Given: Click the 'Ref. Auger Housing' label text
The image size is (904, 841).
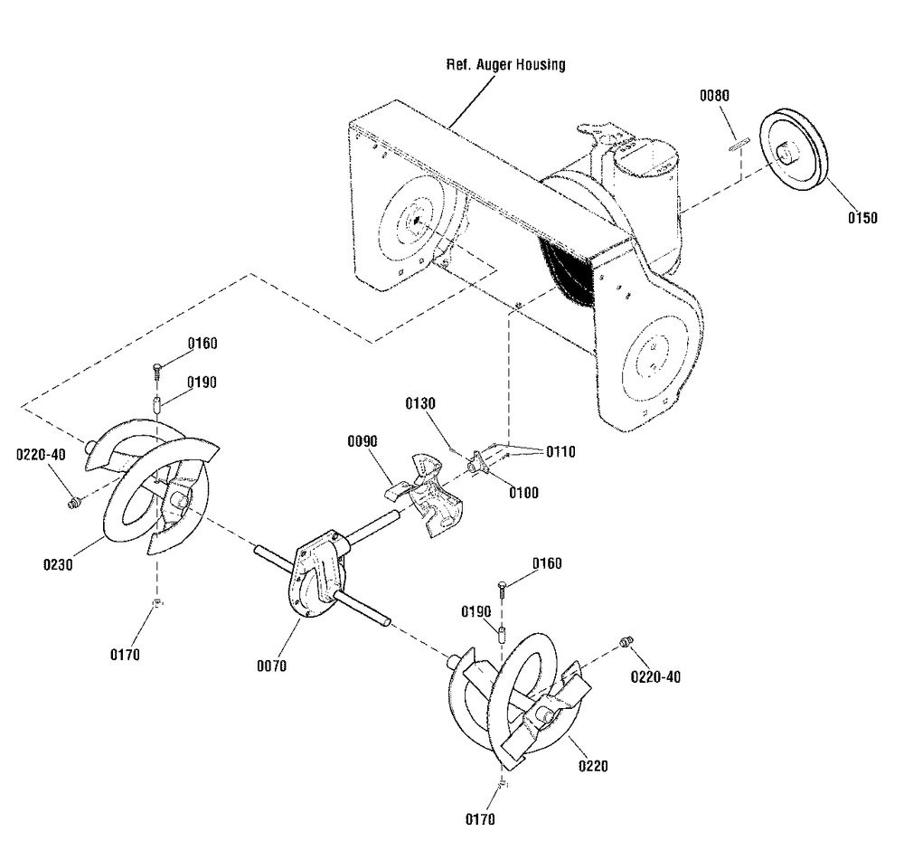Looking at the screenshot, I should click(506, 65).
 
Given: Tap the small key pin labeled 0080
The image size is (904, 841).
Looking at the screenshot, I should click(737, 140).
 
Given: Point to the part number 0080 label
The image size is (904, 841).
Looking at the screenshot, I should click(714, 95).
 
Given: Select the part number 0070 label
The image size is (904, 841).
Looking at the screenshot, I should click(271, 666).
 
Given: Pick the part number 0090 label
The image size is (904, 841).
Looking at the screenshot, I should click(362, 440).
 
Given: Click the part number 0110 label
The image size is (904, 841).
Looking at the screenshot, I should click(560, 451).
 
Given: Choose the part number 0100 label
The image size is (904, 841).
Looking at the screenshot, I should click(523, 492).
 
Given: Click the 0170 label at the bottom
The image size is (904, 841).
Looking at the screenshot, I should click(480, 820).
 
